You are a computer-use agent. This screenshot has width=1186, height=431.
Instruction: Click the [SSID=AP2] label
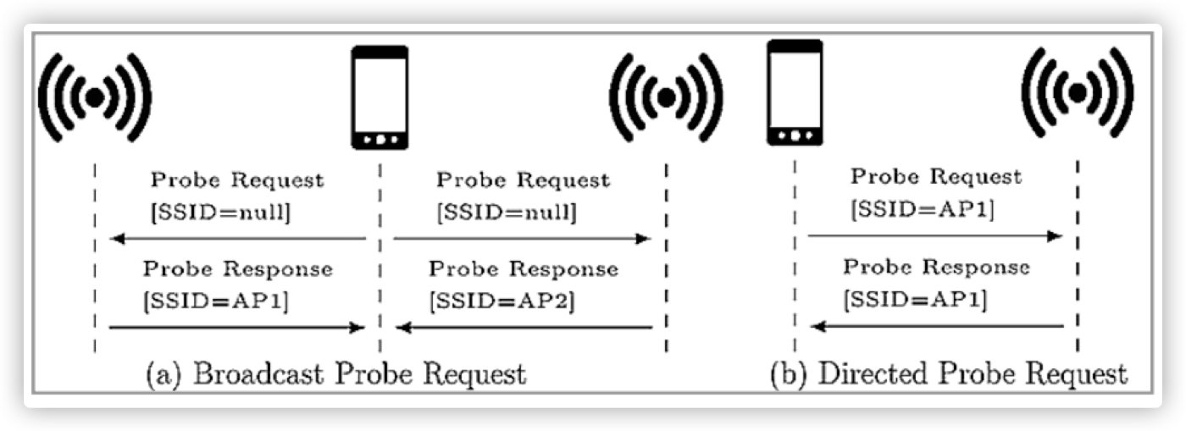[x=502, y=300]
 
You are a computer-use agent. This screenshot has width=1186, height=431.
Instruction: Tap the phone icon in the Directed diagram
[x=795, y=93]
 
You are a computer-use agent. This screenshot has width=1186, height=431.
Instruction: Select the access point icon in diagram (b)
[x=1078, y=92]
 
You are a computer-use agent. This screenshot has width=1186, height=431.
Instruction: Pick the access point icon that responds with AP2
[x=668, y=97]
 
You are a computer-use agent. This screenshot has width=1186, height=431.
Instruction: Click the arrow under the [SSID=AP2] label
[x=525, y=327]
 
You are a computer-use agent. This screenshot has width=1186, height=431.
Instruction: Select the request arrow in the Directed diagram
[x=935, y=236]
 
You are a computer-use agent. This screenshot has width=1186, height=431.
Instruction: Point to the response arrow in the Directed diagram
[x=937, y=325]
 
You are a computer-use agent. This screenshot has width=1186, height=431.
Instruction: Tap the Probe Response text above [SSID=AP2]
[x=523, y=270]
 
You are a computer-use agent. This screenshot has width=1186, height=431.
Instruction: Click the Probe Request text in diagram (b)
[x=936, y=178]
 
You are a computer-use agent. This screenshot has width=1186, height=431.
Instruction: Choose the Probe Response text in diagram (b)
[x=936, y=268]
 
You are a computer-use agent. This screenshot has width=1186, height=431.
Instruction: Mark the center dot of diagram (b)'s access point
[x=1078, y=93]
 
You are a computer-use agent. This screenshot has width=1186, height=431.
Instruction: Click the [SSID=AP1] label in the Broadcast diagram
[x=216, y=300]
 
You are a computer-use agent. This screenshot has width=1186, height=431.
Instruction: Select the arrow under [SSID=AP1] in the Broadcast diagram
[x=237, y=327]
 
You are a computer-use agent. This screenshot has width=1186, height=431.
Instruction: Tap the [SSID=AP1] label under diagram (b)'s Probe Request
[x=921, y=208]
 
